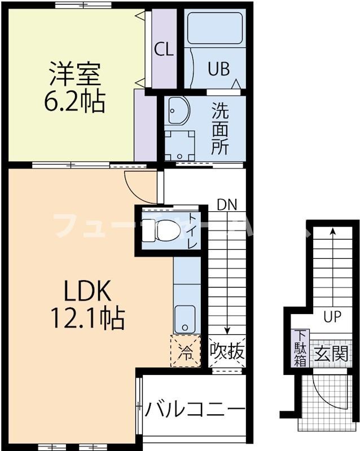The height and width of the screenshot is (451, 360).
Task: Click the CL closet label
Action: tap(164, 50)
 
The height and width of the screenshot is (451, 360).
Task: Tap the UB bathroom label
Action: tap(218, 69)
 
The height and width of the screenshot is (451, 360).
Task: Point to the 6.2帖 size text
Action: tap(74, 101)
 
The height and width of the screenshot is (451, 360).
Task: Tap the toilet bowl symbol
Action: tap(165, 229)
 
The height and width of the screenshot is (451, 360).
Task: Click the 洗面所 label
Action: tap(219, 129)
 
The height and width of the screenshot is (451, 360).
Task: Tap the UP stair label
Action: tap(332, 316)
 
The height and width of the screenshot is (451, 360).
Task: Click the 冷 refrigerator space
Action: tap(186, 352)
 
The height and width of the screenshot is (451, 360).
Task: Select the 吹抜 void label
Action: tap(227, 352)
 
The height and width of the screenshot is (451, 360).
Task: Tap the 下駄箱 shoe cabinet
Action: tap(300, 349)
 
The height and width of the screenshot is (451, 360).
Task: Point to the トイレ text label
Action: tap(192, 231)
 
